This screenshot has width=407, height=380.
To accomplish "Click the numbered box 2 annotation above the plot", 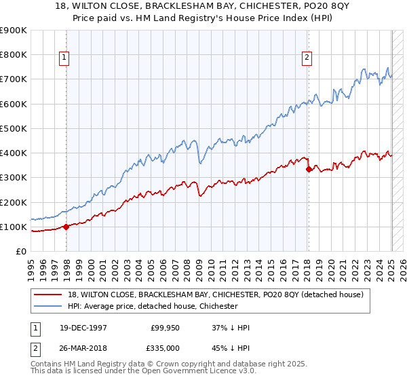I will [x=307, y=58].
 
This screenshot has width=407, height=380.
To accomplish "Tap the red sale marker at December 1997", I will [x=66, y=227].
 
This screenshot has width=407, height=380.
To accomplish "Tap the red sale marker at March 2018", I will [x=309, y=169].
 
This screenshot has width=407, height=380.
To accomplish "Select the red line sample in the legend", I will [x=46, y=294].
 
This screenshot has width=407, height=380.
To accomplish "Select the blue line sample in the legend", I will [x=46, y=306].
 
